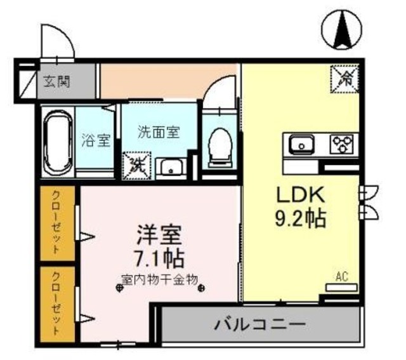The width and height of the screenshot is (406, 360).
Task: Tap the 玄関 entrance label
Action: [x=57, y=81]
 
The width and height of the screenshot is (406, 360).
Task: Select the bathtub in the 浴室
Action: [x=58, y=143]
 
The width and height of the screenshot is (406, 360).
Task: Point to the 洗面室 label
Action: [x=159, y=133]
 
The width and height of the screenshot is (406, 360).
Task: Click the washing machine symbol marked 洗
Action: [x=137, y=165]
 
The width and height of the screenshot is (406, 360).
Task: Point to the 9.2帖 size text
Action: [x=300, y=220]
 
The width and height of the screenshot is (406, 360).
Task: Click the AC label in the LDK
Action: [x=342, y=277]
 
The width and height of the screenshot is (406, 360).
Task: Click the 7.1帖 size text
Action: [x=159, y=258]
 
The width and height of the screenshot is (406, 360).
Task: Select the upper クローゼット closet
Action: [x=57, y=222]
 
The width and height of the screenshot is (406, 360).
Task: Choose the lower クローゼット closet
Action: [x=57, y=304]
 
